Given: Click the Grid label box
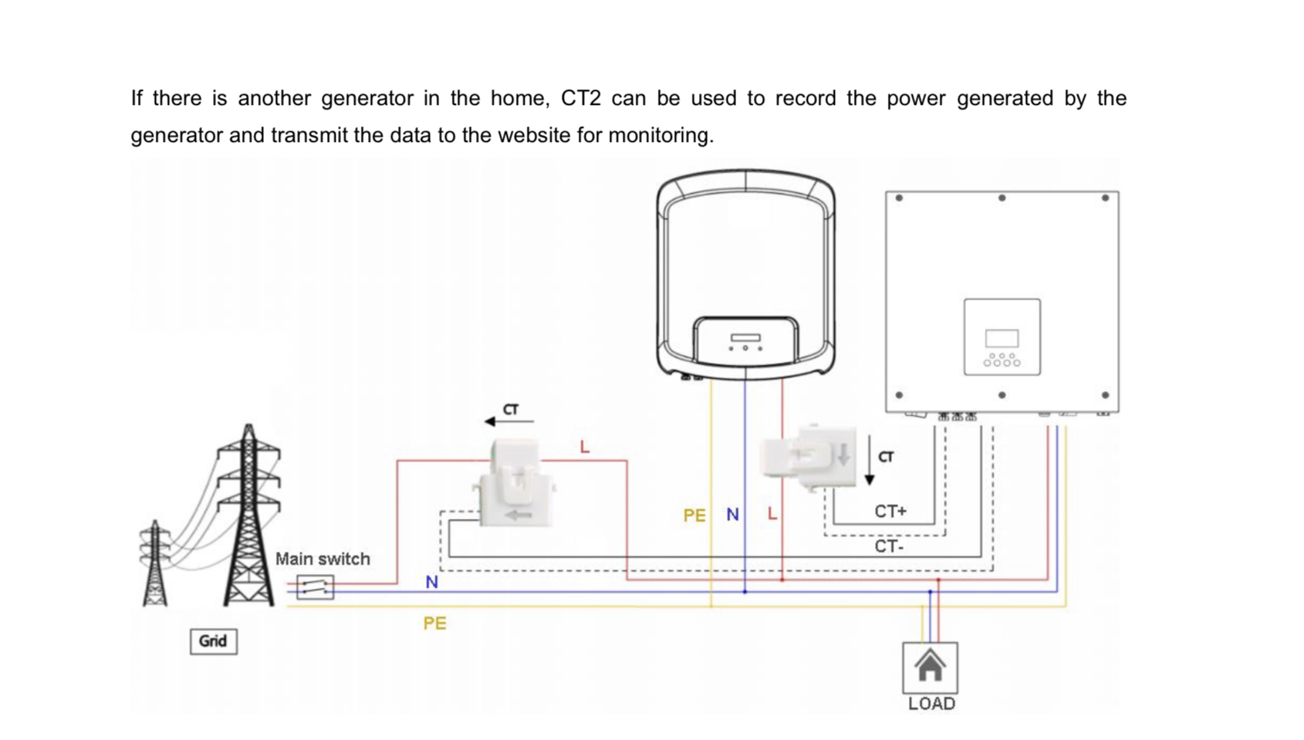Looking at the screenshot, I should (213, 641).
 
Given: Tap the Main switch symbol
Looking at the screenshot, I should (315, 587).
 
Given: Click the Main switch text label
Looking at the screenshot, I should (323, 559).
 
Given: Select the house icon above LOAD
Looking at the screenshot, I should (930, 666).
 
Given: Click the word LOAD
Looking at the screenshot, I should (931, 704).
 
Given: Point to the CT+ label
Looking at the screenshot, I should (890, 512).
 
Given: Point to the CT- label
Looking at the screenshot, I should (888, 546).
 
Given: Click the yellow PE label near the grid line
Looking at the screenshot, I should (434, 623).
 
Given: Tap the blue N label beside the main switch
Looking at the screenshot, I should (431, 583).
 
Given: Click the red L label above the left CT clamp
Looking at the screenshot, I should (584, 448).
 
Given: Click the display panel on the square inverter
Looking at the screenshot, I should (1002, 337).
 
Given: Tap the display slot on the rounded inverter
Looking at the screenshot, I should (745, 337).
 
